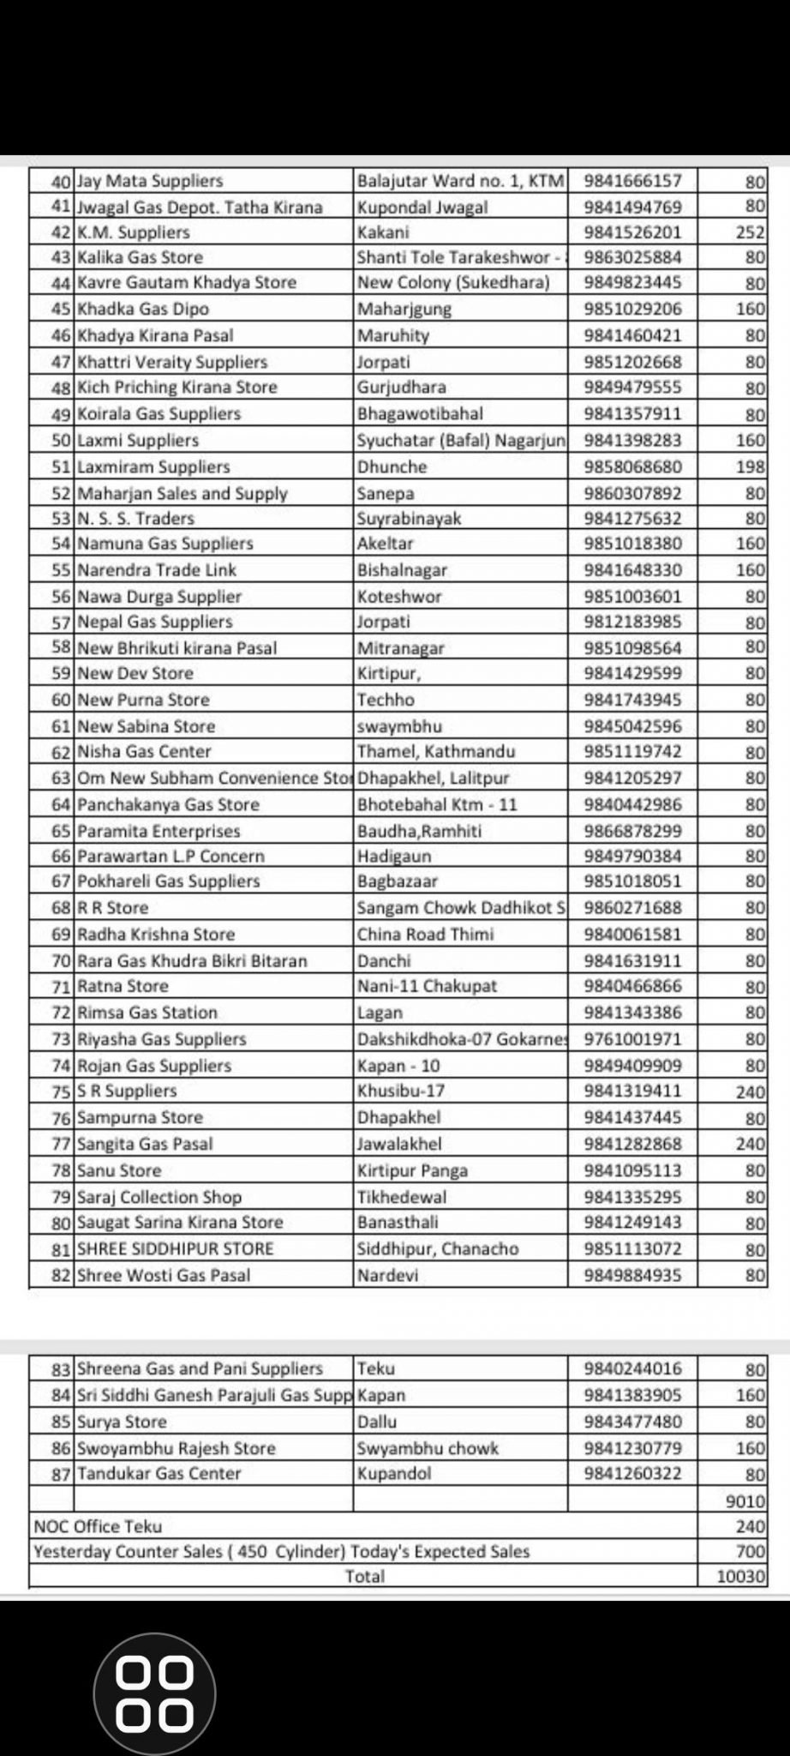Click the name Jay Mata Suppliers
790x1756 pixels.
click(150, 181)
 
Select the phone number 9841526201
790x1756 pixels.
click(632, 232)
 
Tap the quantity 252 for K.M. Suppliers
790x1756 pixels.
click(750, 232)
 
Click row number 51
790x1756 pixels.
click(60, 467)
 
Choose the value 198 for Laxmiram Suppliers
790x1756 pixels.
click(750, 467)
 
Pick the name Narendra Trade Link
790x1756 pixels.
click(157, 570)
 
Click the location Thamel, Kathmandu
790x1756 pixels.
click(436, 752)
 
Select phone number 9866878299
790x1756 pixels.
click(632, 831)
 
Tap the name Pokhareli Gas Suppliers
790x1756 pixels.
click(168, 881)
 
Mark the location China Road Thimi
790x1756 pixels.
click(425, 935)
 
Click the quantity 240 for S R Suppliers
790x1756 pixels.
click(750, 1091)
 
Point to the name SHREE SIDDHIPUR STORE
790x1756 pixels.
click(175, 1249)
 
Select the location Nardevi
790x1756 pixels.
click(387, 1276)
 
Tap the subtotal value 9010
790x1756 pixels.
click(744, 1501)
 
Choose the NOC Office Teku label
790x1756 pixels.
click(98, 1527)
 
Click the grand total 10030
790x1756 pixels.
click(740, 1577)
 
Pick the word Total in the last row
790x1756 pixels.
click(364, 1577)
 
